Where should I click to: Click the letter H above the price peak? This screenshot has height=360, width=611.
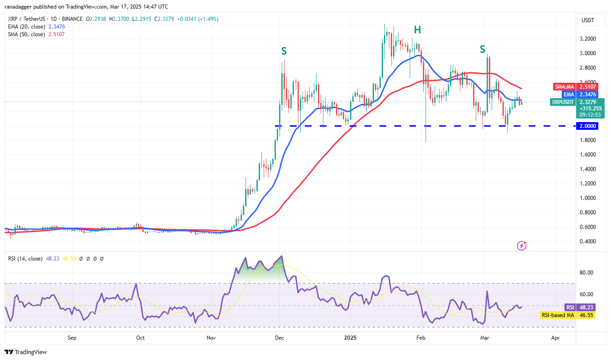click(x=417, y=30)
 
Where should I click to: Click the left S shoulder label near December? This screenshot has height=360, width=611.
click(x=284, y=50)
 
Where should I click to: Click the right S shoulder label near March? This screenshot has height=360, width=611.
click(x=483, y=49)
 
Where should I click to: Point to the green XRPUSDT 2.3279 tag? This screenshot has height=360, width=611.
click(x=574, y=102)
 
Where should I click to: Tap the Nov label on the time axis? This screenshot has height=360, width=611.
click(x=210, y=337)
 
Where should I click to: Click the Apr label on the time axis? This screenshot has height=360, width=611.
click(x=555, y=337)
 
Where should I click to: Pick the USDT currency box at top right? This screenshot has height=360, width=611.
click(x=587, y=20)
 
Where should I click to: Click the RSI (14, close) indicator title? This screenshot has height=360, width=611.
click(x=25, y=259)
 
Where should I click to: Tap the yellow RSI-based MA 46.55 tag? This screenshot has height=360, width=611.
click(x=567, y=315)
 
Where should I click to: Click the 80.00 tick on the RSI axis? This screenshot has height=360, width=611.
click(x=587, y=273)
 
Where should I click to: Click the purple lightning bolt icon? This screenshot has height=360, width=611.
click(x=521, y=246)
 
